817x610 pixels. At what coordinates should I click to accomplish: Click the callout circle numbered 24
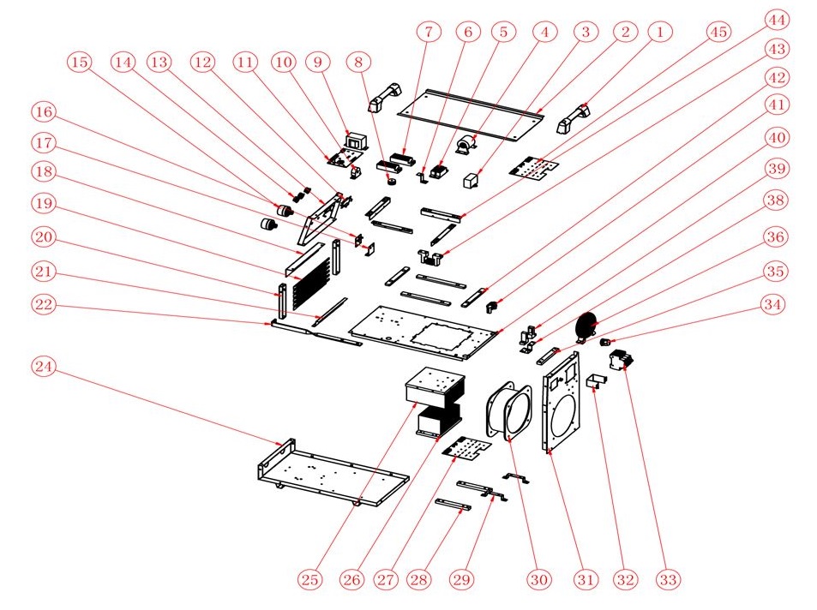[43, 367]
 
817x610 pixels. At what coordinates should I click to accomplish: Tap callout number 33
[669, 579]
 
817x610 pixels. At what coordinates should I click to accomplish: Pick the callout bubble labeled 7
[429, 32]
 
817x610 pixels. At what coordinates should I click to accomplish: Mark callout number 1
[659, 32]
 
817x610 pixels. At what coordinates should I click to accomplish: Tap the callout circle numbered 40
[777, 138]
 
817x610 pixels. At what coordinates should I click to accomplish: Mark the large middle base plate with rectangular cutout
[424, 330]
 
